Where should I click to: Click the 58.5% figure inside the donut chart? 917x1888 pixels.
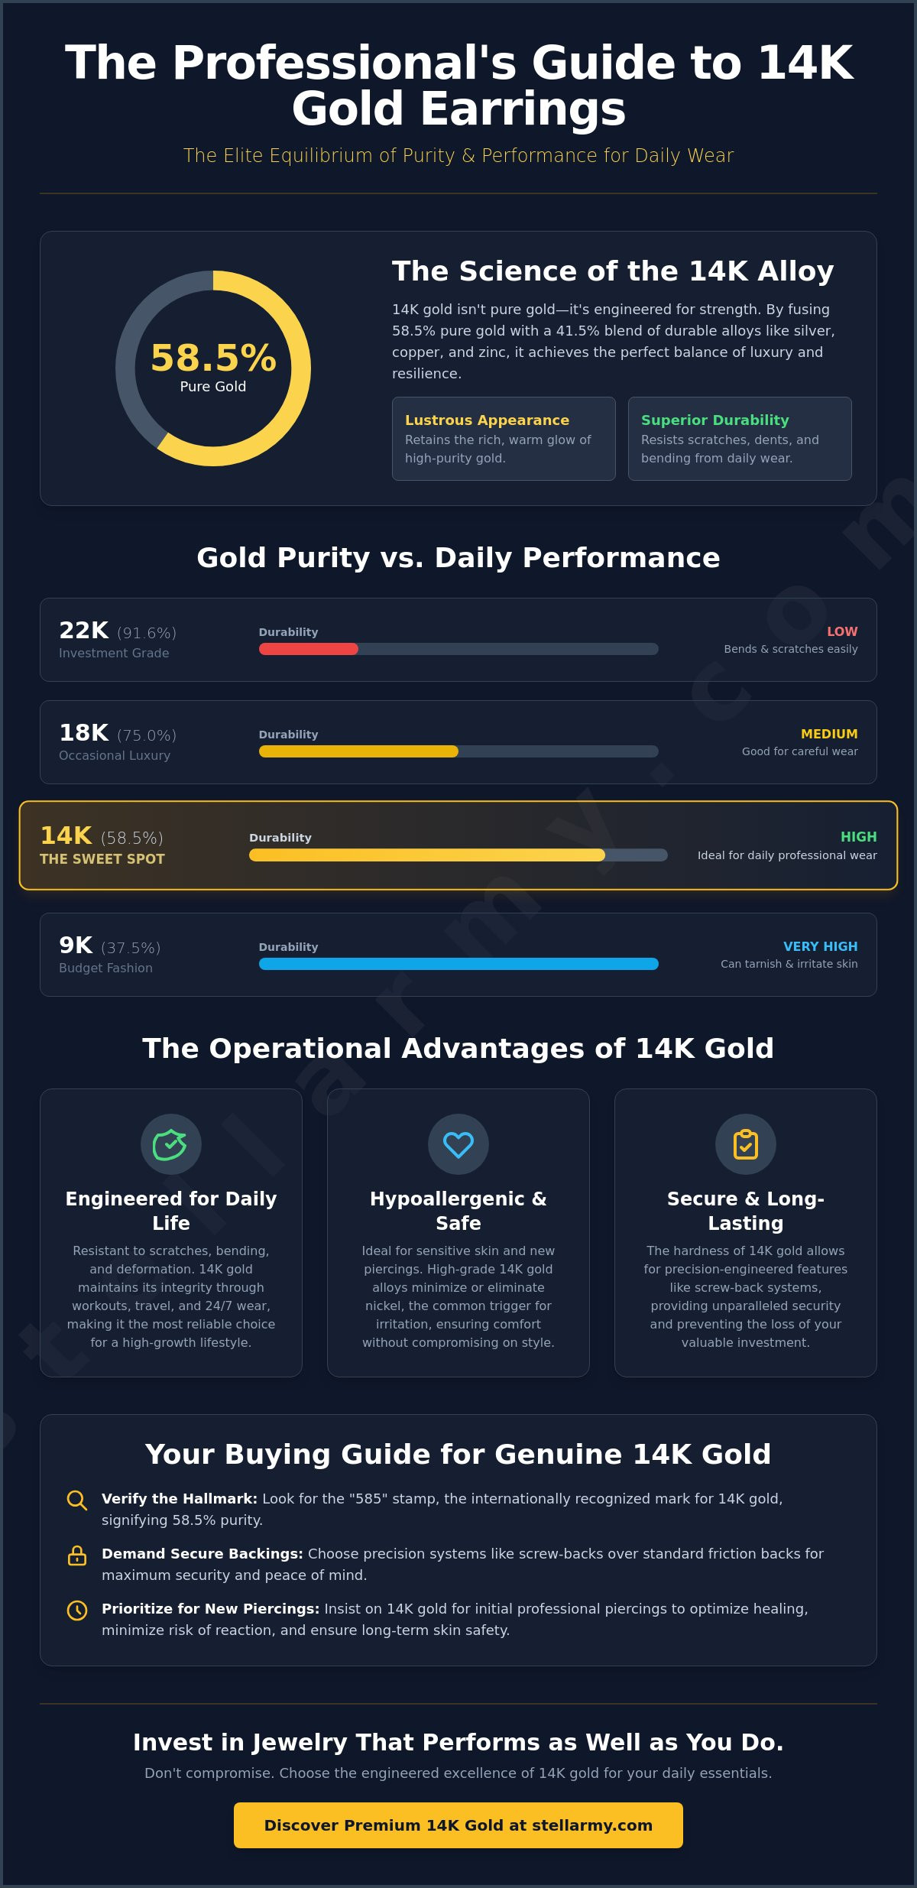pos(213,358)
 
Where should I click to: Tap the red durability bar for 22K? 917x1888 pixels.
pos(309,649)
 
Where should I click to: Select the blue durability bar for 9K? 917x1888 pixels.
pos(458,964)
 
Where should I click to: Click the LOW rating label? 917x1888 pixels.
pos(842,631)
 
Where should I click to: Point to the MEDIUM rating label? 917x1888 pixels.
pos(829,734)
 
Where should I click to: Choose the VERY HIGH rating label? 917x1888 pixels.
pos(821,946)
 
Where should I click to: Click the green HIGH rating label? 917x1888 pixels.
pos(859,837)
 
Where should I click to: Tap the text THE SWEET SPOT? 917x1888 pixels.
pos(102,859)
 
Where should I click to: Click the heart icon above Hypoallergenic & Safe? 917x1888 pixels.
pos(458,1144)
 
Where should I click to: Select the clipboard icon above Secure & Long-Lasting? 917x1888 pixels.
pos(746,1144)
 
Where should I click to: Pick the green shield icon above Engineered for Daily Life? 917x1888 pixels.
pos(170,1144)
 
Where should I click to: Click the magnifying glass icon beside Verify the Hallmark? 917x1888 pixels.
pos(77,1500)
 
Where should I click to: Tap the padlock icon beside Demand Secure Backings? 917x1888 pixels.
pos(77,1555)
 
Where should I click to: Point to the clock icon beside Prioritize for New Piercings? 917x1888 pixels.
pos(77,1610)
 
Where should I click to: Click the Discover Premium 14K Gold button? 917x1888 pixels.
pos(458,1825)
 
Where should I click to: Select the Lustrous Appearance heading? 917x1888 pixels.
pos(487,420)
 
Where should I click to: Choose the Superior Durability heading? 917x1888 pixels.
pos(714,420)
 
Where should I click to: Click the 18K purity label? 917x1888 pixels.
pos(84,732)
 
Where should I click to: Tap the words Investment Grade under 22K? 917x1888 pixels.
pos(114,653)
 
